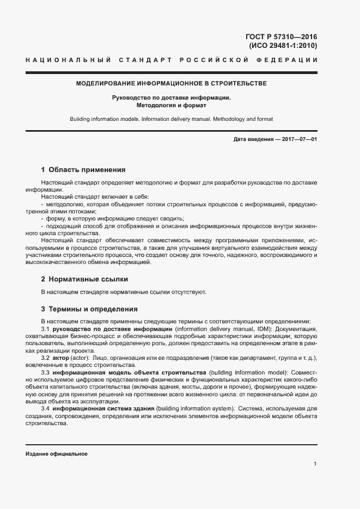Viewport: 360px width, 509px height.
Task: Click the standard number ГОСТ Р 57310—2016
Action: pyautogui.click(x=282, y=37)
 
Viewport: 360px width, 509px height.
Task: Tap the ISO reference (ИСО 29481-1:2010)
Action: pyautogui.click(x=283, y=46)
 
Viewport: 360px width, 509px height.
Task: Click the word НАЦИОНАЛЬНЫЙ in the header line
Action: pyautogui.click(x=69, y=59)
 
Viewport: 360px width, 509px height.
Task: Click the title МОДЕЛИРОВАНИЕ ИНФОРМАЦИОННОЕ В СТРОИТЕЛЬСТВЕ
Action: pyautogui.click(x=171, y=83)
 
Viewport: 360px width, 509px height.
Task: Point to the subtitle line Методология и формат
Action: pyautogui.click(x=171, y=105)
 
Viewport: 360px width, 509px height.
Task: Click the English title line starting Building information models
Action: pyautogui.click(x=171, y=119)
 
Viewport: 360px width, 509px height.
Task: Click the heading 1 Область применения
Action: pyautogui.click(x=83, y=169)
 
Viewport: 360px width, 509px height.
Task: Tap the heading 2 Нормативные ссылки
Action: pyautogui.click(x=84, y=279)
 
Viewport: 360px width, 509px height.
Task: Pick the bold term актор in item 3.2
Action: pyautogui.click(x=60, y=358)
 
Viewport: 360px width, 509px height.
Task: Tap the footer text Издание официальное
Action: pyautogui.click(x=57, y=453)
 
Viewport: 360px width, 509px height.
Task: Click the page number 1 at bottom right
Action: pyautogui.click(x=315, y=463)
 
